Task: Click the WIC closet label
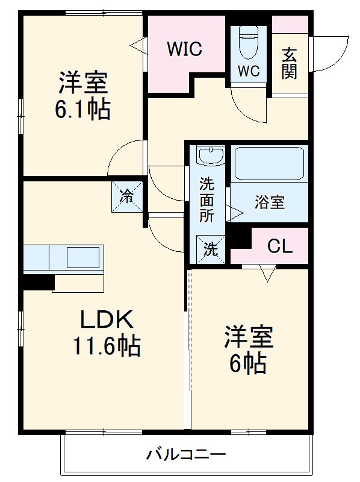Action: click(x=184, y=48)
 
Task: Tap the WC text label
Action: click(x=247, y=71)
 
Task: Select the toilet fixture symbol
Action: click(x=247, y=42)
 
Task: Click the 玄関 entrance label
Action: click(x=290, y=63)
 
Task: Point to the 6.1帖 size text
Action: click(x=82, y=110)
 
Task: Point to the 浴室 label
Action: click(x=268, y=203)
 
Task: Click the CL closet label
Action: click(x=280, y=246)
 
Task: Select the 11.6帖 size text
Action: click(x=107, y=346)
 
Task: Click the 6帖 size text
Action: click(x=247, y=363)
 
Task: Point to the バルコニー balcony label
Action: click(x=186, y=454)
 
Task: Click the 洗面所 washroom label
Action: click(x=207, y=199)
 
